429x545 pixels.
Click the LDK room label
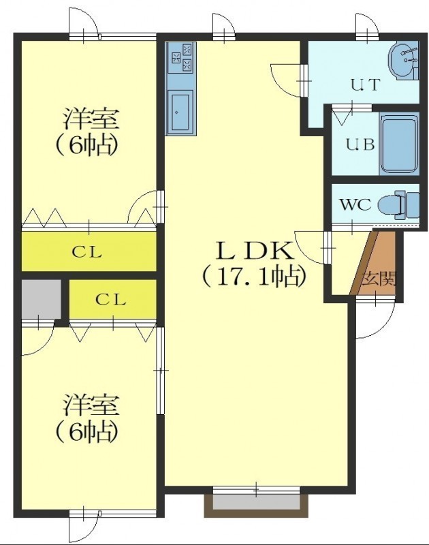[255, 251]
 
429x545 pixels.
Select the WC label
[355, 205]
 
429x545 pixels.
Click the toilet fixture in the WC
[399, 205]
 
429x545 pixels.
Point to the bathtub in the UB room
[399, 144]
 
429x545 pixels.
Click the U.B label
[360, 144]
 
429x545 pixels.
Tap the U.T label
[365, 84]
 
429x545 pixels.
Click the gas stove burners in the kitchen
[182, 57]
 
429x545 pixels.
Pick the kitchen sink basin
[180, 112]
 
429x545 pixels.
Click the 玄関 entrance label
[379, 279]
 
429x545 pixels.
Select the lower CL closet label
[110, 299]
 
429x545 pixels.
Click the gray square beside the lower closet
[41, 298]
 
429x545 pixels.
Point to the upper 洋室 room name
[91, 119]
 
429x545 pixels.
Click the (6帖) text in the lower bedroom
[87, 431]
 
